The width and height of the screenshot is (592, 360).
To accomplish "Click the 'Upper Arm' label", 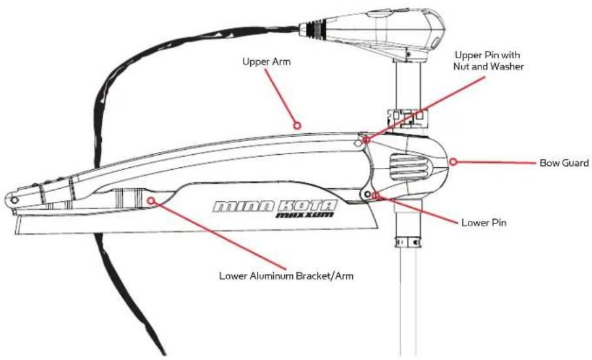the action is click(267, 61).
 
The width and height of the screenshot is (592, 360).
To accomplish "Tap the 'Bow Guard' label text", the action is click(564, 163).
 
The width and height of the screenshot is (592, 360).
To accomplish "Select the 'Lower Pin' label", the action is click(484, 222).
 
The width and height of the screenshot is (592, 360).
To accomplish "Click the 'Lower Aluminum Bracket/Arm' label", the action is click(287, 276).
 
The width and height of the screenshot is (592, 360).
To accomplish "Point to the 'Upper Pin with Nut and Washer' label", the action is click(489, 61).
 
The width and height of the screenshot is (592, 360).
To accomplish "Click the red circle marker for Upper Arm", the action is click(297, 125).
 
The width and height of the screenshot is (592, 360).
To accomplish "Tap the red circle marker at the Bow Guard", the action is click(453, 162).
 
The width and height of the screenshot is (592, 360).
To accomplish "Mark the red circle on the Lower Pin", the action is click(375, 195).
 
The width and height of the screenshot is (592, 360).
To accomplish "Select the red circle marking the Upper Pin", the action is click(365, 140).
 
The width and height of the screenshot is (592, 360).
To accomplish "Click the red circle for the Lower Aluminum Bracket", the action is click(151, 201).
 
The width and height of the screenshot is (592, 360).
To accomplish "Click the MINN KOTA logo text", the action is click(274, 206).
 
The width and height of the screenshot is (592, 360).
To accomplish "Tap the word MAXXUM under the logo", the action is click(304, 215).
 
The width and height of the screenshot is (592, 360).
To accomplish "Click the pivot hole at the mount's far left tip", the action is click(14, 200).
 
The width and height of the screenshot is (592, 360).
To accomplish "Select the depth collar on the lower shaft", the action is click(408, 242).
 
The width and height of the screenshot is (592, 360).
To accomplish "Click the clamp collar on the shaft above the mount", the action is click(408, 118).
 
